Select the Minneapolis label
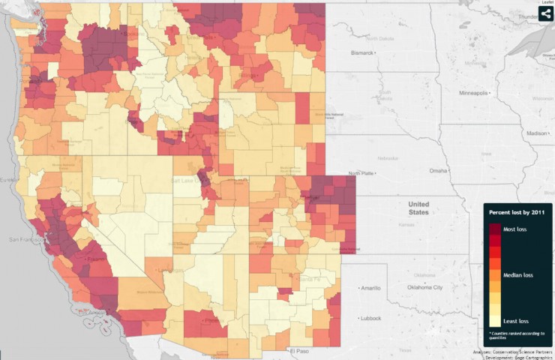coord(474,93)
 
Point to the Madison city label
coord(537,133)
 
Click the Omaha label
coord(438,170)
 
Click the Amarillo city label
coord(372,288)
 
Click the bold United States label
coord(418,208)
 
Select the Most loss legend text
coord(519,229)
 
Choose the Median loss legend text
coord(522,274)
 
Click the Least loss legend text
coord(520,320)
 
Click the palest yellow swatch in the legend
coord(495,322)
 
